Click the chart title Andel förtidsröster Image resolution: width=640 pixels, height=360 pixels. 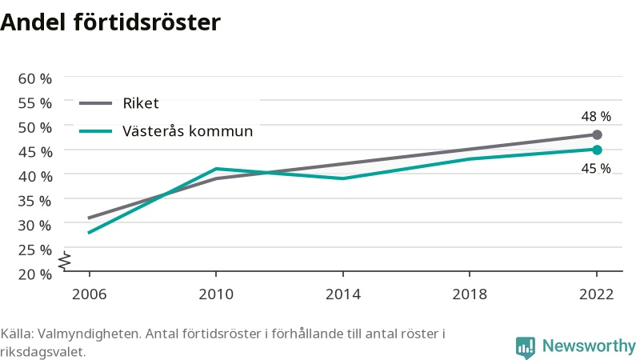[110, 22]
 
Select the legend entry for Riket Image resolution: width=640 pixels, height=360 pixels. [118, 103]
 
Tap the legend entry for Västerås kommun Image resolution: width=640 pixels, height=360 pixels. [166, 131]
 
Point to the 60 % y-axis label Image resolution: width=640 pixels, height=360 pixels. [35, 78]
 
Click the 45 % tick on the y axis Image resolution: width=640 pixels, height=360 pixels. [35, 152]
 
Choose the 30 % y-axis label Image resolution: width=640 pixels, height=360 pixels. [35, 226]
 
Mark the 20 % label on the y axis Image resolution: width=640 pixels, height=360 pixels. [35, 274]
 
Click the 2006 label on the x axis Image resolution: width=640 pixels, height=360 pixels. [89, 294]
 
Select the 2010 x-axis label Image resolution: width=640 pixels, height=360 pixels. [216, 294]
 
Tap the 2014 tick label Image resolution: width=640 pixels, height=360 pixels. [343, 294]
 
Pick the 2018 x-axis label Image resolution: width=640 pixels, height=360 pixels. [470, 294]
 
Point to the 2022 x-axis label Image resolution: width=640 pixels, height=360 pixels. [596, 294]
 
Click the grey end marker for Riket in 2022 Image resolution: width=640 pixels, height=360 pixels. [597, 134]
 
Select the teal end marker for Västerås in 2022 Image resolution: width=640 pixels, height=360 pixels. [597, 150]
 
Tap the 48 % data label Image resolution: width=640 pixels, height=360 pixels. [596, 117]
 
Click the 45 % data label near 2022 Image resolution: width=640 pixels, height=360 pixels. [596, 168]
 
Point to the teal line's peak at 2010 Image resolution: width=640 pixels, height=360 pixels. [216, 169]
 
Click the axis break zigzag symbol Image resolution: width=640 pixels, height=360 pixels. [65, 261]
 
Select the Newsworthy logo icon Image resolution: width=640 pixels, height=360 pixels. [526, 348]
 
